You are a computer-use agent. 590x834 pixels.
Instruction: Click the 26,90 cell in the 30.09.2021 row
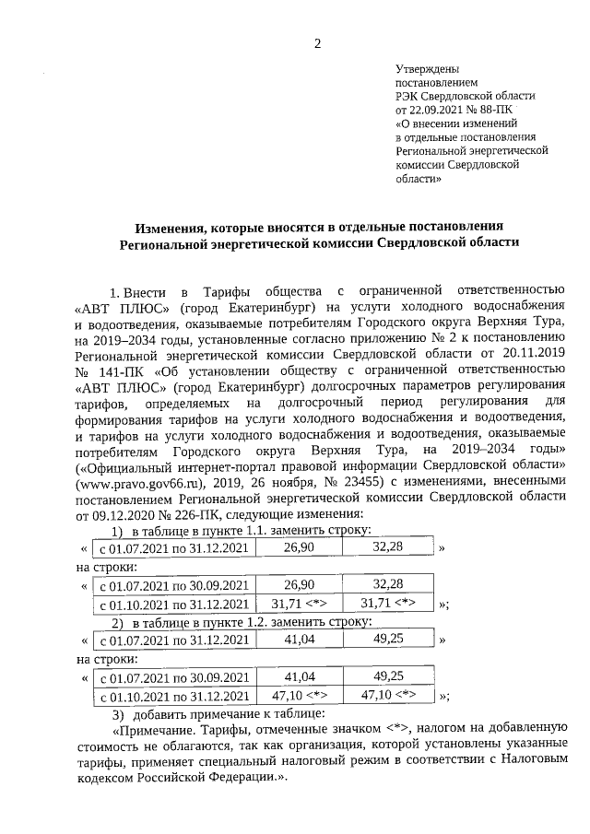[x=300, y=584]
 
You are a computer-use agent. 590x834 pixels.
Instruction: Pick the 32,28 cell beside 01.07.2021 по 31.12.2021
[x=388, y=547]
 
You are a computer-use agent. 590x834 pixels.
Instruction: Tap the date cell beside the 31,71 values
[x=173, y=605]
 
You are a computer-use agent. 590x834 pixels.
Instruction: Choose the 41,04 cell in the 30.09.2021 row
[x=300, y=675]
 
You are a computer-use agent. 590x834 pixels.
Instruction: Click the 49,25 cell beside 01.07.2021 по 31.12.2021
[x=388, y=639]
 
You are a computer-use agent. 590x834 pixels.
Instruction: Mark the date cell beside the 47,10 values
[x=173, y=696]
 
